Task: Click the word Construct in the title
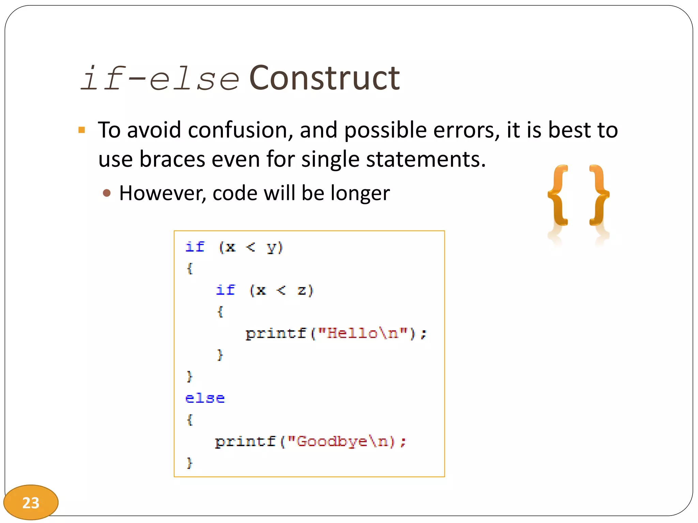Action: click(x=324, y=78)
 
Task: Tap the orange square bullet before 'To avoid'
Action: click(x=81, y=130)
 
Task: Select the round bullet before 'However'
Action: click(x=107, y=193)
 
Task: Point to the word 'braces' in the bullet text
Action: click(x=172, y=159)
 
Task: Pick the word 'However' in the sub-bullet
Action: click(x=163, y=193)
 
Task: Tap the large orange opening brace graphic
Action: click(x=558, y=195)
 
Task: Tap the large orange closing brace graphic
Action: click(x=599, y=195)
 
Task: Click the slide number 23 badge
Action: click(x=31, y=503)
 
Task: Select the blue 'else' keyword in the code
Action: click(x=205, y=398)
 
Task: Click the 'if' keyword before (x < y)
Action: click(x=195, y=247)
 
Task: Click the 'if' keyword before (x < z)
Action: click(x=225, y=290)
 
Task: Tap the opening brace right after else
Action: click(x=190, y=419)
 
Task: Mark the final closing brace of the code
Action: click(x=190, y=463)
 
